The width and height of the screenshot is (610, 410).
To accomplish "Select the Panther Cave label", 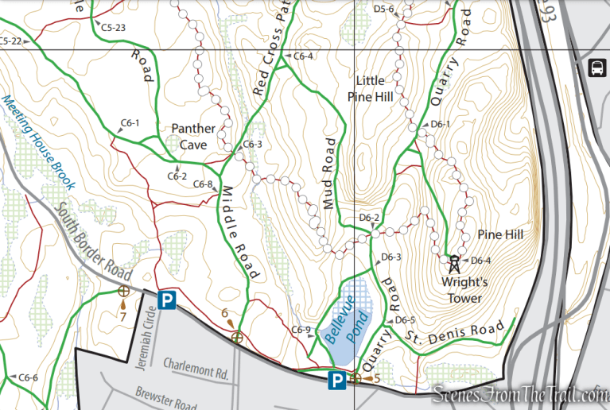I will pyautogui.click(x=193, y=136).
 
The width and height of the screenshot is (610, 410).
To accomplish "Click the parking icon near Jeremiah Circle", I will pyautogui.click(x=166, y=300).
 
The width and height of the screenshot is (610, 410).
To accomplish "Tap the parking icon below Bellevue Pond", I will pyautogui.click(x=338, y=381).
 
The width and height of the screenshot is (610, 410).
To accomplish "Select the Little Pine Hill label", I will pyautogui.click(x=370, y=88).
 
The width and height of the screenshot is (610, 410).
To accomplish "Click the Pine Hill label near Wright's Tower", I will pyautogui.click(x=500, y=235).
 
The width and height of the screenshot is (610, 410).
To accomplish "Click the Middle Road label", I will pyautogui.click(x=239, y=231).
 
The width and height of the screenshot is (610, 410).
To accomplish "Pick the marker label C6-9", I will pyautogui.click(x=301, y=330).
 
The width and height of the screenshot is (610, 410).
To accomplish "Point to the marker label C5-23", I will pyautogui.click(x=113, y=27).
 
